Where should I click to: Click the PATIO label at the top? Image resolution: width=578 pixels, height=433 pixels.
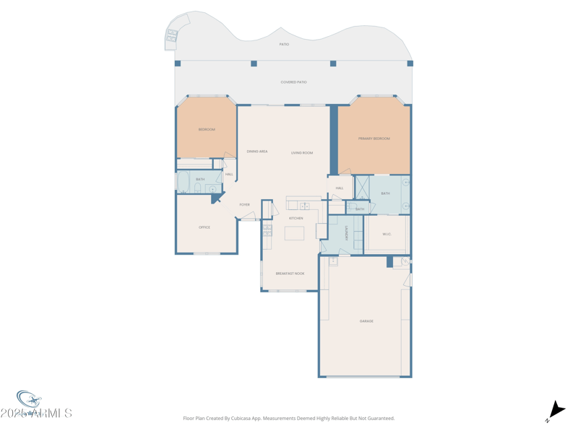(284, 45)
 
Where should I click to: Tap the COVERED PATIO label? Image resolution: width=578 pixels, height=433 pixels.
(293, 82)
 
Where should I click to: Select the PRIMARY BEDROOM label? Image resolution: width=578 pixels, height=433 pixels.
(374, 139)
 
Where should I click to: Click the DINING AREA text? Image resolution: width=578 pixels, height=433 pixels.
(257, 152)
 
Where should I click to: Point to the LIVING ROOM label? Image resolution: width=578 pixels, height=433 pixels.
(302, 153)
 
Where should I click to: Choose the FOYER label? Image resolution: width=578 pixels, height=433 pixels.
(245, 205)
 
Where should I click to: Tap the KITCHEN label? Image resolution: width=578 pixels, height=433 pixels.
(296, 218)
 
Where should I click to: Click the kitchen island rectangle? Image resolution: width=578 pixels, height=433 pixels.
(294, 233)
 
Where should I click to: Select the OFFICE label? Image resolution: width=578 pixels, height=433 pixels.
(204, 227)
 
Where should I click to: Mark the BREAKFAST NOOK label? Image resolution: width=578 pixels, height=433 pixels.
(290, 274)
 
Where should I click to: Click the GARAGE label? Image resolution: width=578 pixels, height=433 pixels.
(366, 321)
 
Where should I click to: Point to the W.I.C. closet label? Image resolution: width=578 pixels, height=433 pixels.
(387, 234)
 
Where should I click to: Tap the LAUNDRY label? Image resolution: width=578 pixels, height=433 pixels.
(347, 233)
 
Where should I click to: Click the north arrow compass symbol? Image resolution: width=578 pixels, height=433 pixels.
(554, 411)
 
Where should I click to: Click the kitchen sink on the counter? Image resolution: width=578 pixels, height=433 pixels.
(305, 206)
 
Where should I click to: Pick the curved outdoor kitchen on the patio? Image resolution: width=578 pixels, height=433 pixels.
(173, 36)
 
